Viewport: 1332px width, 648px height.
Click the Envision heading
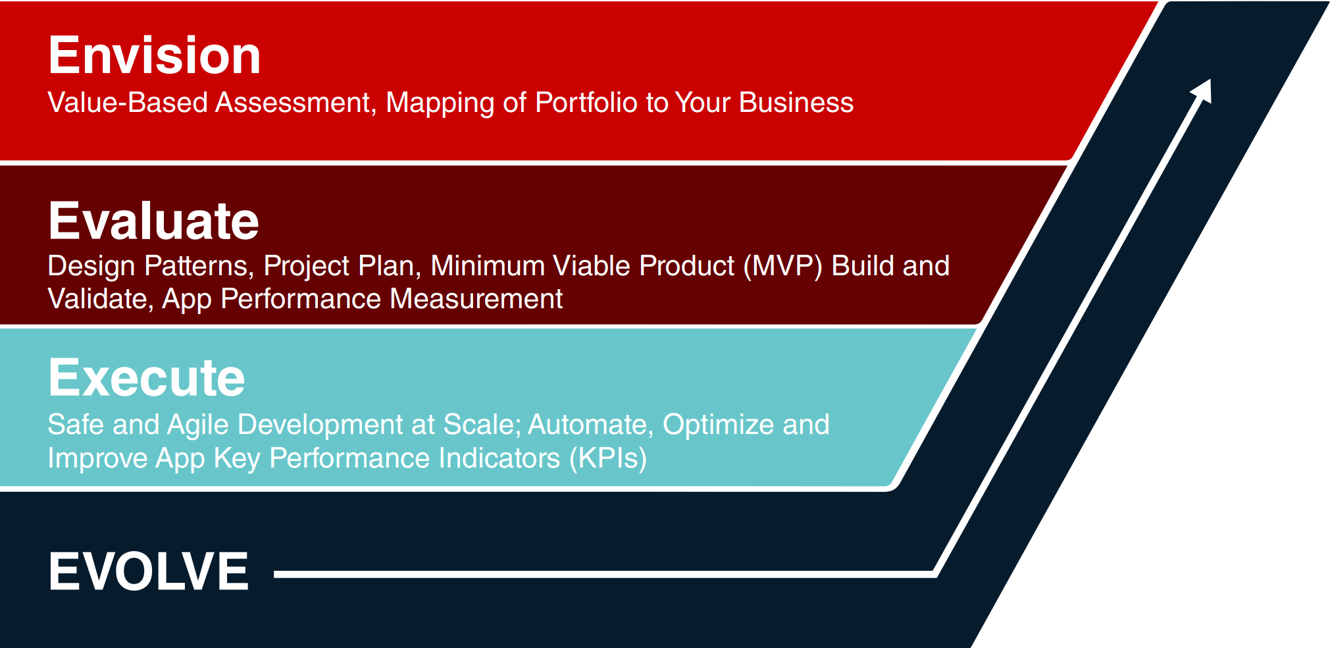[x=155, y=55]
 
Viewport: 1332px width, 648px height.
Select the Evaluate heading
[x=154, y=221]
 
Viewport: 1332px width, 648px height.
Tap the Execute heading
[x=147, y=377]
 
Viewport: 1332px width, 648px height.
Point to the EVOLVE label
[x=149, y=571]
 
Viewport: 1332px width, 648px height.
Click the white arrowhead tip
[x=1210, y=80]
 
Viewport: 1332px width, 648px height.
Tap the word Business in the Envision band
[x=796, y=103]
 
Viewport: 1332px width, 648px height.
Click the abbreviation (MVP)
[x=783, y=267]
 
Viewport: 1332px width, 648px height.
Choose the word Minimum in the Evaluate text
[x=488, y=267]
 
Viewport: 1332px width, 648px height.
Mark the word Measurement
[x=476, y=300]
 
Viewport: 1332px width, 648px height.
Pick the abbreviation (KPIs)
[x=608, y=459]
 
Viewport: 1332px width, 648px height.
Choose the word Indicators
[x=499, y=458]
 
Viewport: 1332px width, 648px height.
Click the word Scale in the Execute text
[x=482, y=425]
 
